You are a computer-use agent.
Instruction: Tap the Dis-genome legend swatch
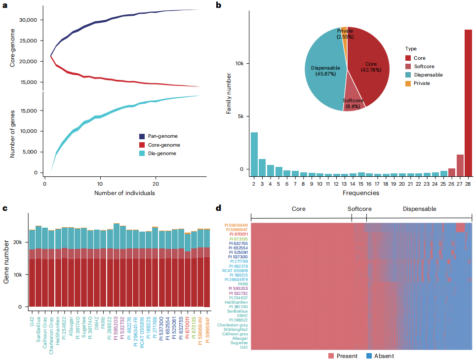(143, 154)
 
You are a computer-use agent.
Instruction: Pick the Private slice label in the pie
(345, 34)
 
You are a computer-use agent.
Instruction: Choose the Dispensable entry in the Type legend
(428, 75)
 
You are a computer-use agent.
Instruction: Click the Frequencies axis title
(361, 193)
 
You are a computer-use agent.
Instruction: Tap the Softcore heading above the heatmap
(359, 209)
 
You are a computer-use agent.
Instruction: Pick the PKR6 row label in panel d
(243, 284)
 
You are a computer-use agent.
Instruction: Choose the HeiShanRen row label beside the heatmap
(237, 302)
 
